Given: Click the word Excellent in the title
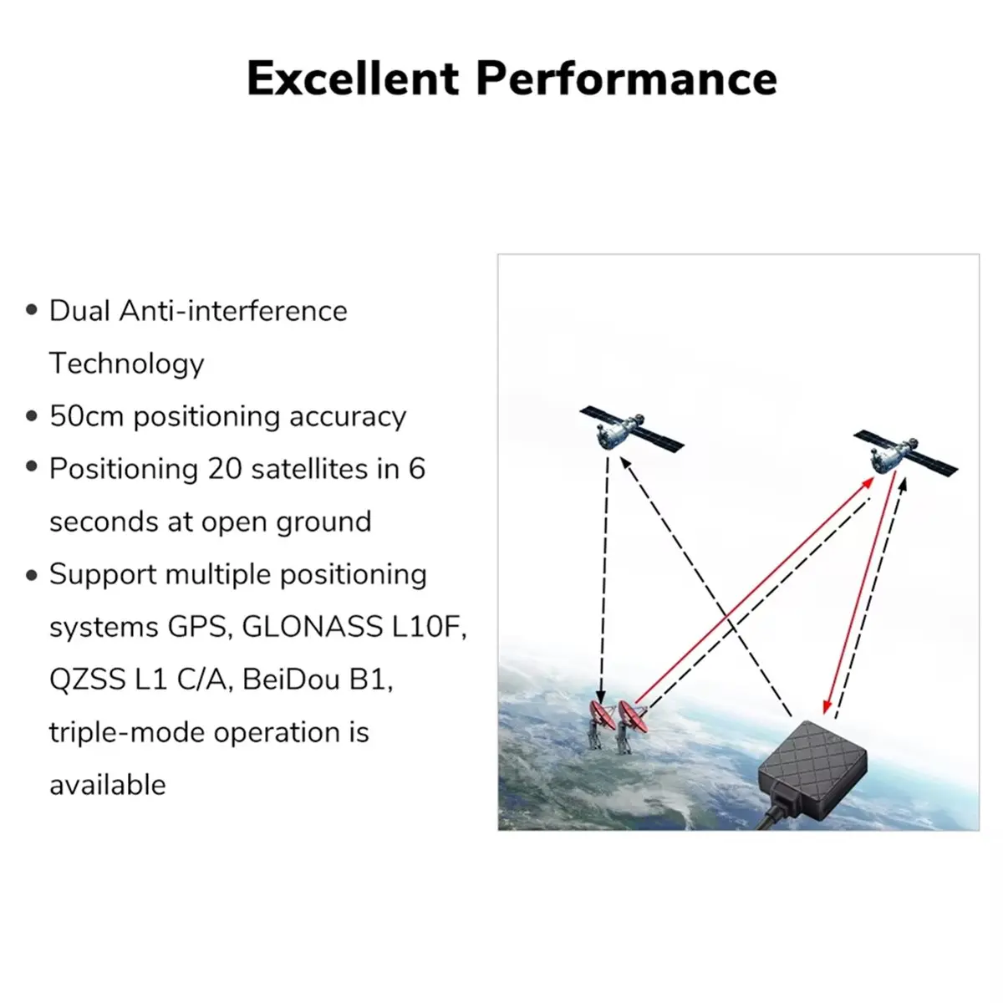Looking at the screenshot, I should coord(353,79).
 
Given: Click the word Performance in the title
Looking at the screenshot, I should coord(626,79).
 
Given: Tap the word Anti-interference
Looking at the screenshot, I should coord(233,311).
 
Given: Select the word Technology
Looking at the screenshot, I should coord(126,364).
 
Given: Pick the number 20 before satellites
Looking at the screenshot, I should coord(225,469).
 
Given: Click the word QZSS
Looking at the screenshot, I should coord(87,680).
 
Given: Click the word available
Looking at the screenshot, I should coord(107,785).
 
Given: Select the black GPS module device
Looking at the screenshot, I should coord(812,769).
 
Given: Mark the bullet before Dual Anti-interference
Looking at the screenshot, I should coord(32,311).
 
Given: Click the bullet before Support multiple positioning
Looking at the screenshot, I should coord(32,574).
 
